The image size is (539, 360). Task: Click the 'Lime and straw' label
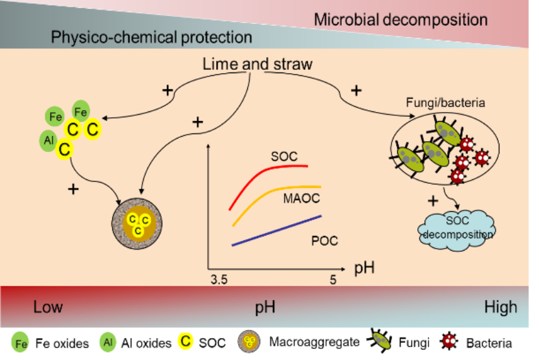pyautogui.click(x=258, y=64)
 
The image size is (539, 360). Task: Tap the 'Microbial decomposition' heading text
pyautogui.click(x=401, y=19)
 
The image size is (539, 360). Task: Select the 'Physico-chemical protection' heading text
pyautogui.click(x=151, y=37)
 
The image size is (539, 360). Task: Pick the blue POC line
pyautogui.click(x=277, y=231)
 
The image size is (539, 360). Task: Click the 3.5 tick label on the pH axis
pyautogui.click(x=219, y=280)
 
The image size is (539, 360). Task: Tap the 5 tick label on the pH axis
pyautogui.click(x=333, y=280)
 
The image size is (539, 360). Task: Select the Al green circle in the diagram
pyautogui.click(x=49, y=141)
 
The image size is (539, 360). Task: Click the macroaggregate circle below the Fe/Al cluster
pyautogui.click(x=137, y=223)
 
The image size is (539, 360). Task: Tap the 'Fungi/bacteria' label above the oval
pyautogui.click(x=445, y=102)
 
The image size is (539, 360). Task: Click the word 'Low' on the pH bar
pyautogui.click(x=48, y=307)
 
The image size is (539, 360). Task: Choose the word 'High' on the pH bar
pyautogui.click(x=501, y=307)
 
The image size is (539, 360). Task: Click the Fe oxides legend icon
pyautogui.click(x=20, y=343)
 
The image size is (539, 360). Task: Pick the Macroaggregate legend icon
pyautogui.click(x=249, y=342)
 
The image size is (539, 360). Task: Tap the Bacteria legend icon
pyautogui.click(x=449, y=342)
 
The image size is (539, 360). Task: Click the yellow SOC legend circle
pyautogui.click(x=185, y=341)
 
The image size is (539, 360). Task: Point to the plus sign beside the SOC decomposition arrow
pyautogui.click(x=433, y=201)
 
